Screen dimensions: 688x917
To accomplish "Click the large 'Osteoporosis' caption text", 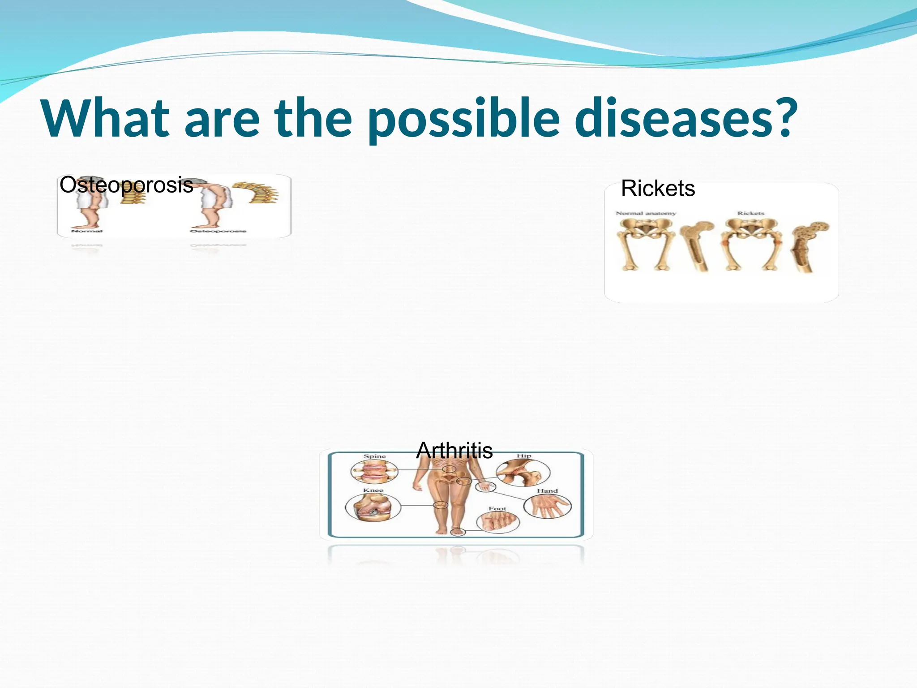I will click(126, 185).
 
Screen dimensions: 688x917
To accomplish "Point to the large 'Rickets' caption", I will click(658, 189).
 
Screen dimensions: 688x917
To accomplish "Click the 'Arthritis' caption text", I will click(454, 451).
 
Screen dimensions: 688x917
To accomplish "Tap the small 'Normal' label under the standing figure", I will click(87, 231).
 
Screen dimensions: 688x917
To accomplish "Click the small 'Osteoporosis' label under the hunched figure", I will click(218, 231).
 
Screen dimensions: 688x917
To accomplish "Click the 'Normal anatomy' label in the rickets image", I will click(645, 213).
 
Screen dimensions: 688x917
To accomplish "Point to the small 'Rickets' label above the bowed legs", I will click(751, 213).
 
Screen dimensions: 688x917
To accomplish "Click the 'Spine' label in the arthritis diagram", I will click(374, 456).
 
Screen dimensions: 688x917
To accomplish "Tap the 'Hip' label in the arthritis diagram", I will click(524, 456).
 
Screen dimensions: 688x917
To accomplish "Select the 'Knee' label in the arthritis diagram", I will click(373, 490).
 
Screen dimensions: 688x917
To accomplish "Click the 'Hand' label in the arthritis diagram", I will click(547, 491).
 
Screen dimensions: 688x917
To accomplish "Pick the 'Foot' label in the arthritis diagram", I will click(497, 509).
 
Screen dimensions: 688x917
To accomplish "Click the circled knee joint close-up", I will click(373, 507).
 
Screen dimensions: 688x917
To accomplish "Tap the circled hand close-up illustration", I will click(548, 507).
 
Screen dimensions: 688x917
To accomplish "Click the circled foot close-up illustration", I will click(498, 522).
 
